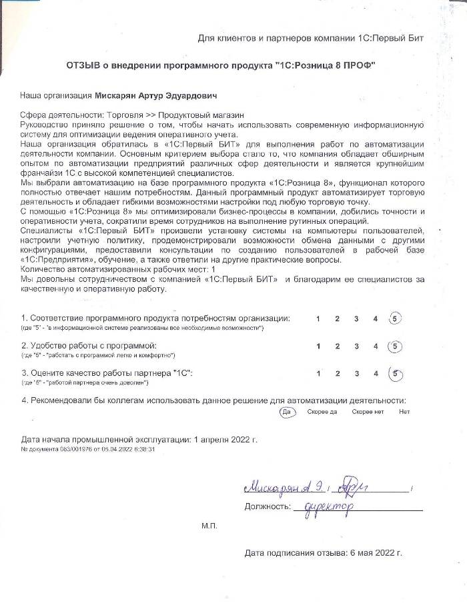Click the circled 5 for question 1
click(395, 318)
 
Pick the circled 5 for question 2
click(395, 346)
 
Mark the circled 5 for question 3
click(395, 374)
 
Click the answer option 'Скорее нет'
click(368, 412)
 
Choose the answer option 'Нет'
click(404, 412)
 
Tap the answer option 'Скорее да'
click(322, 412)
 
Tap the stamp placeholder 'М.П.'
click(209, 526)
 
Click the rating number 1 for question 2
click(318, 346)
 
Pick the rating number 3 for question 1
click(356, 318)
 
